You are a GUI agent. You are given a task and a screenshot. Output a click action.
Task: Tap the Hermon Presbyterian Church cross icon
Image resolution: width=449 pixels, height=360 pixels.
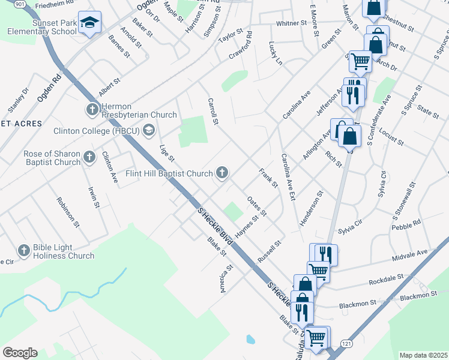tap(92, 109)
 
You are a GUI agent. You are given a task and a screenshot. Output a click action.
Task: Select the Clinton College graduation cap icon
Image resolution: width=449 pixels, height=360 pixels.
tap(148, 131)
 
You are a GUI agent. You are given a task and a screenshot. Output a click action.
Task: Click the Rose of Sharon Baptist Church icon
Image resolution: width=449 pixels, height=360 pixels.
tap(89, 158)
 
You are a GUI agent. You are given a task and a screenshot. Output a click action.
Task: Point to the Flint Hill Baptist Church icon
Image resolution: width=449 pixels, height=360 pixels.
tap(222, 174)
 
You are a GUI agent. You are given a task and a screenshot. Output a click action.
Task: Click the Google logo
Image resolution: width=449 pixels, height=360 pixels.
tap(20, 353)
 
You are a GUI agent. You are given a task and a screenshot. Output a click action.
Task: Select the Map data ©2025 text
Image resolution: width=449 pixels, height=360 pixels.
tap(423, 355)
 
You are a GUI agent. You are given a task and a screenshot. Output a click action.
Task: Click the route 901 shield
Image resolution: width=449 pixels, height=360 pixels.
tap(20, 4)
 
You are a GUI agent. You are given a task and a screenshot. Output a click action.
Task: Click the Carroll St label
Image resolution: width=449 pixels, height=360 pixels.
tap(212, 112)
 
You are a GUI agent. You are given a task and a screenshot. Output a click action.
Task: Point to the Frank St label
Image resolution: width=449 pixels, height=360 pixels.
tap(268, 178)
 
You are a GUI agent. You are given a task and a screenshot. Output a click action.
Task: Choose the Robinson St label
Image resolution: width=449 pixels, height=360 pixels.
tap(68, 212)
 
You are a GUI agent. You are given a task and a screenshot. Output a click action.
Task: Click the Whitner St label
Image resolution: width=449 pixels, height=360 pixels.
tap(292, 23)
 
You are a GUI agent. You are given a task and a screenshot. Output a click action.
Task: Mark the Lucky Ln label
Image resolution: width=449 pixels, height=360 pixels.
tap(276, 53)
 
